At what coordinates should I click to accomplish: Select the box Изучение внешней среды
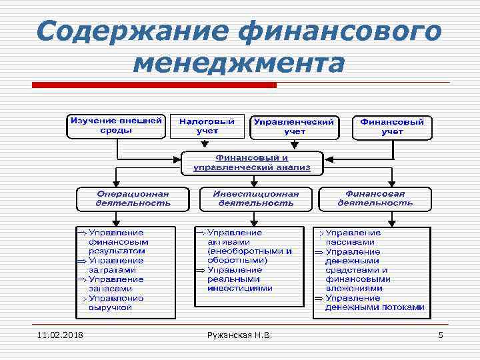[116, 126]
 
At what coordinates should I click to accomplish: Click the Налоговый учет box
[207, 127]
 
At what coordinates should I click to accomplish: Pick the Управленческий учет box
[294, 127]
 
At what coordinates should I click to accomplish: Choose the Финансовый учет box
[392, 127]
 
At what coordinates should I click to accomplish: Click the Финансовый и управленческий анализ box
[252, 163]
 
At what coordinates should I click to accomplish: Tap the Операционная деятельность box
[132, 198]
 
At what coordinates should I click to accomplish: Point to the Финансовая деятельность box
[375, 198]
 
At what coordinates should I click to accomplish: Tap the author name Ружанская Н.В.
[240, 334]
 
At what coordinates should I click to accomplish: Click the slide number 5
[440, 334]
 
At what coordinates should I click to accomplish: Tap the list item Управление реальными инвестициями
[240, 279]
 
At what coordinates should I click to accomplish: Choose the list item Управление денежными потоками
[373, 303]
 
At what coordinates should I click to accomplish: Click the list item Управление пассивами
[353, 237]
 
